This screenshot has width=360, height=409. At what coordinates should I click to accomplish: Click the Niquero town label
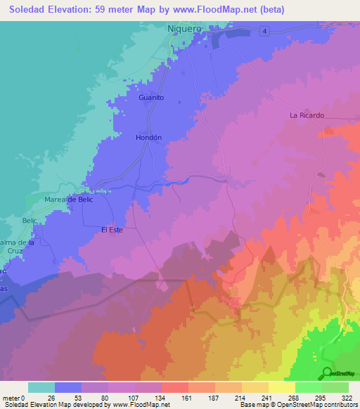[185, 29]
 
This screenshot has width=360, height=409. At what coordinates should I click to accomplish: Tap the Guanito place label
[151, 98]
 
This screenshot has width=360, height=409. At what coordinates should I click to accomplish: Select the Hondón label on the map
[148, 138]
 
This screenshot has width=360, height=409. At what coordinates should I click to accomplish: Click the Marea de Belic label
[69, 200]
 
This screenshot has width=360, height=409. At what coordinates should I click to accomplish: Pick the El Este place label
[112, 229]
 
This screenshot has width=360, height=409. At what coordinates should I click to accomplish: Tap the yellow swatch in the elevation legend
[281, 387]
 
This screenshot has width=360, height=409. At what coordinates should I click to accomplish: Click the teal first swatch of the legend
[41, 387]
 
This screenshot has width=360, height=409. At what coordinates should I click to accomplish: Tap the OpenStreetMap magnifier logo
[328, 373]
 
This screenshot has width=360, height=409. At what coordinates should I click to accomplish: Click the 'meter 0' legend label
[13, 398]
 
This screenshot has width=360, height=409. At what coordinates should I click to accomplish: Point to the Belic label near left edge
[29, 221]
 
